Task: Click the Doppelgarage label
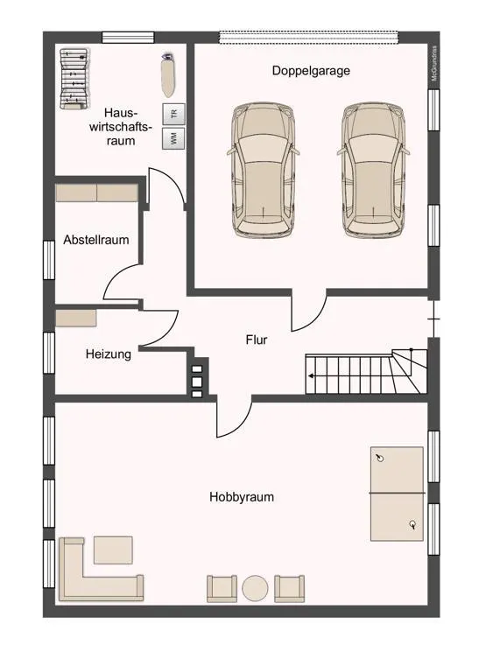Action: (311, 70)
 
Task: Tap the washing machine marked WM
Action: (173, 138)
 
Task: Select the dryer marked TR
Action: (173, 114)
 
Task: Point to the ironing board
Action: (169, 74)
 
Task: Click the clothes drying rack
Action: (74, 79)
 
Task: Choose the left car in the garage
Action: (263, 170)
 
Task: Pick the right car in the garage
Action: (373, 170)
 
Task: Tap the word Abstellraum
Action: (96, 240)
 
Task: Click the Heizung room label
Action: (109, 354)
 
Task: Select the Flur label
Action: (257, 340)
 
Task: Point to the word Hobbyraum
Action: (242, 497)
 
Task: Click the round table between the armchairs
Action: (255, 588)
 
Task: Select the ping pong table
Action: (397, 494)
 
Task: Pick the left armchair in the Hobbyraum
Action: (222, 588)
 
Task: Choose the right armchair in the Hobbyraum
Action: (289, 588)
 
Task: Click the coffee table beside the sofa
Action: (113, 550)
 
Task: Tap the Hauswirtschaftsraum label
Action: (121, 127)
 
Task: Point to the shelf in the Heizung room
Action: (76, 319)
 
